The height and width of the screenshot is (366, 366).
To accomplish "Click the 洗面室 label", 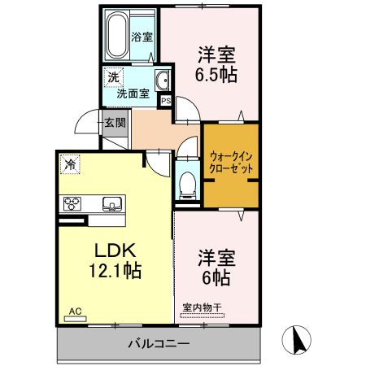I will pos(133,94).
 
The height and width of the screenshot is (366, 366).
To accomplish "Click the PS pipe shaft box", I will pos(166,101).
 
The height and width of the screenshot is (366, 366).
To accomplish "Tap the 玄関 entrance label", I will pos(115,124).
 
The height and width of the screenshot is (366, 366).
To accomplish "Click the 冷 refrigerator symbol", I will pos(71,165).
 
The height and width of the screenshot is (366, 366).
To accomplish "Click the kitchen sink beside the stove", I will pos(110,203).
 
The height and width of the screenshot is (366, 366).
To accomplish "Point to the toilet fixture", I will pos(188,183).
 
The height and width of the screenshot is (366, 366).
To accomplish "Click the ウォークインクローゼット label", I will pos(232,160).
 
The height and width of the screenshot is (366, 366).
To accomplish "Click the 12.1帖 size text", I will pos(111,272).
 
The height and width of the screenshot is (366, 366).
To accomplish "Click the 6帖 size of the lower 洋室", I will pos(216,279).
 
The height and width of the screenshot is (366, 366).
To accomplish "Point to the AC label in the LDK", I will pos(75,312).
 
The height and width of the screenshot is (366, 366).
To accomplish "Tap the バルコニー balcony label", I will pos(159,344).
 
